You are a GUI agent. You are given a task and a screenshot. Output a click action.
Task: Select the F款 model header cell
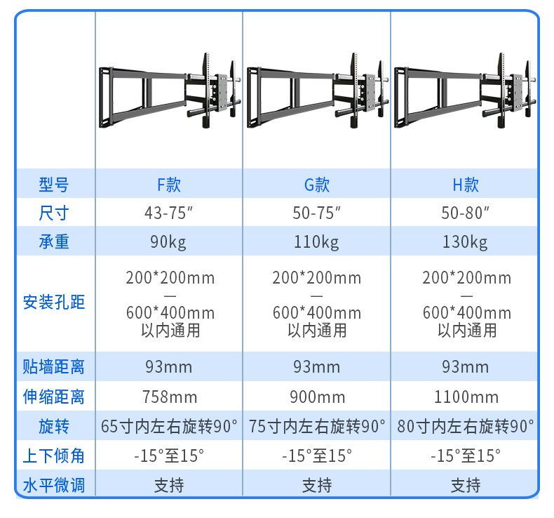click(169, 185)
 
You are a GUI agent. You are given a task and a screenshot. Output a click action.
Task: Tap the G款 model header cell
click(316, 185)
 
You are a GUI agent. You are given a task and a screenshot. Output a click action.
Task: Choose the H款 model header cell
click(466, 185)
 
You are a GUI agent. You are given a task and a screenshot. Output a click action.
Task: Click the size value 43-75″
click(169, 213)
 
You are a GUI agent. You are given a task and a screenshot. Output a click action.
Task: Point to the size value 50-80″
click(466, 213)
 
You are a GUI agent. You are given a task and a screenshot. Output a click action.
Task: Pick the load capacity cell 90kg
click(169, 242)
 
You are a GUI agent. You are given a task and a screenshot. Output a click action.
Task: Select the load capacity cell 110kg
click(316, 242)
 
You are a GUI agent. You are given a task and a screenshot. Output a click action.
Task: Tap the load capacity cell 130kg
click(466, 242)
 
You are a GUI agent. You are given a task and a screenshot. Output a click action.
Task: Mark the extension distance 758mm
click(169, 397)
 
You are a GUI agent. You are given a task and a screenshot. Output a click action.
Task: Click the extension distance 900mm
click(316, 397)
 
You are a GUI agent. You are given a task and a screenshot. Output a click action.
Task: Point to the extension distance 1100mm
click(466, 397)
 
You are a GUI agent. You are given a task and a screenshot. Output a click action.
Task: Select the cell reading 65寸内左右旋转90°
click(169, 426)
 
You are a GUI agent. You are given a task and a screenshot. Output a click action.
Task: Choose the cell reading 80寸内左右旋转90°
click(466, 426)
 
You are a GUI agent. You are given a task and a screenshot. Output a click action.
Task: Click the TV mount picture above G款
click(316, 91)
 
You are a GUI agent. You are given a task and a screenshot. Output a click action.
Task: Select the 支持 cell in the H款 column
click(466, 484)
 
